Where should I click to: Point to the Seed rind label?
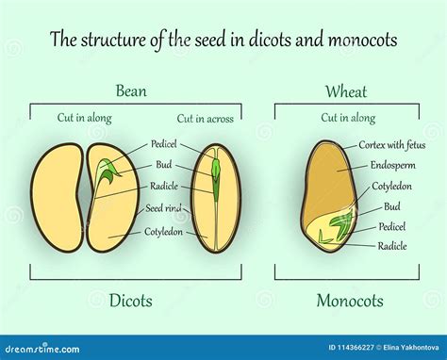point(163,208)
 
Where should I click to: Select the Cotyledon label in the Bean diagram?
point(163,228)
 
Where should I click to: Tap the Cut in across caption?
point(204,119)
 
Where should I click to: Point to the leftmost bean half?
point(57,198)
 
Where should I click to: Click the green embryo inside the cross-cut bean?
point(215,184)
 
